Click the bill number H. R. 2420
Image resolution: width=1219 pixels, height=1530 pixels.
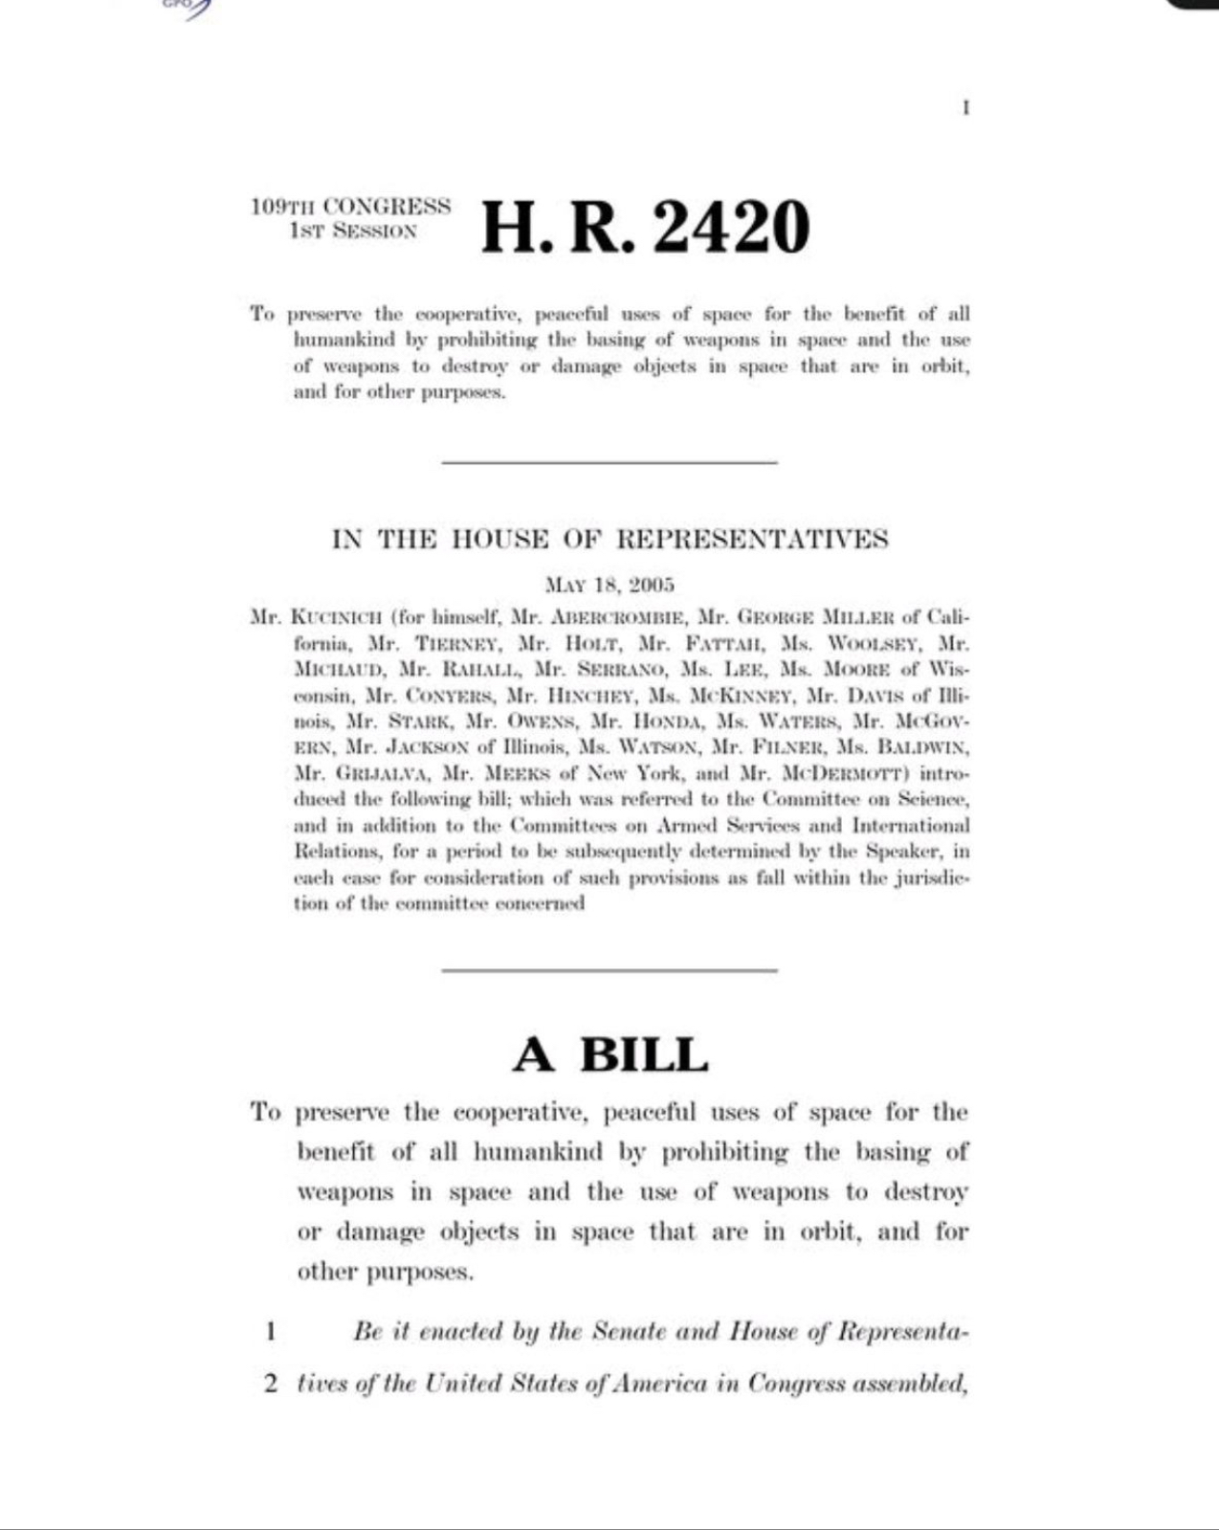645,229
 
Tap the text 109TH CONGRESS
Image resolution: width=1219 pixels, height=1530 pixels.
350,207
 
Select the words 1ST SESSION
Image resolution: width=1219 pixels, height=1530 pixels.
354,232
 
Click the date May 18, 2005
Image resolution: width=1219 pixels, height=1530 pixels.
609,585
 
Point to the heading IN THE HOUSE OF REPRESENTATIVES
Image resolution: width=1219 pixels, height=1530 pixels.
609,540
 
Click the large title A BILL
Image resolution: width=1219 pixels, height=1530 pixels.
609,1055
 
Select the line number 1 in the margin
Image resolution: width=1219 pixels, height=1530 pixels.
272,1331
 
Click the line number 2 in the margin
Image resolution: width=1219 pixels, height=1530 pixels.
272,1384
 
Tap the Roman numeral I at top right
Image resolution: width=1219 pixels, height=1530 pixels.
965,108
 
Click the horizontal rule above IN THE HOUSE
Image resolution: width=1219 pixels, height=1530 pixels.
609,463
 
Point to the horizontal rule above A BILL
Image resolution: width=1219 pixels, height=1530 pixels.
609,970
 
